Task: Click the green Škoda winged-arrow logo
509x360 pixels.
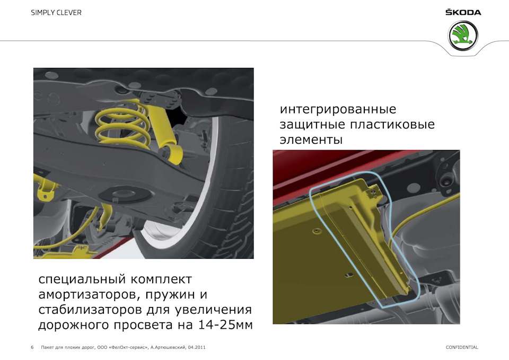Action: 462,36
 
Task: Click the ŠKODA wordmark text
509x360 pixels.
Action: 463,12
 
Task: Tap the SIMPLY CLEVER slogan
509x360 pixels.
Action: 56,13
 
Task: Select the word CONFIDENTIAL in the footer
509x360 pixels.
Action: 462,347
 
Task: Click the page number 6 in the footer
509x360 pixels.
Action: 32,347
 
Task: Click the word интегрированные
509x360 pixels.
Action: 338,109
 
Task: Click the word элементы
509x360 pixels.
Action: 311,139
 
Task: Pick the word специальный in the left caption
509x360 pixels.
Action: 83,279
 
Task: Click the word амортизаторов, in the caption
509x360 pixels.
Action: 89,295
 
